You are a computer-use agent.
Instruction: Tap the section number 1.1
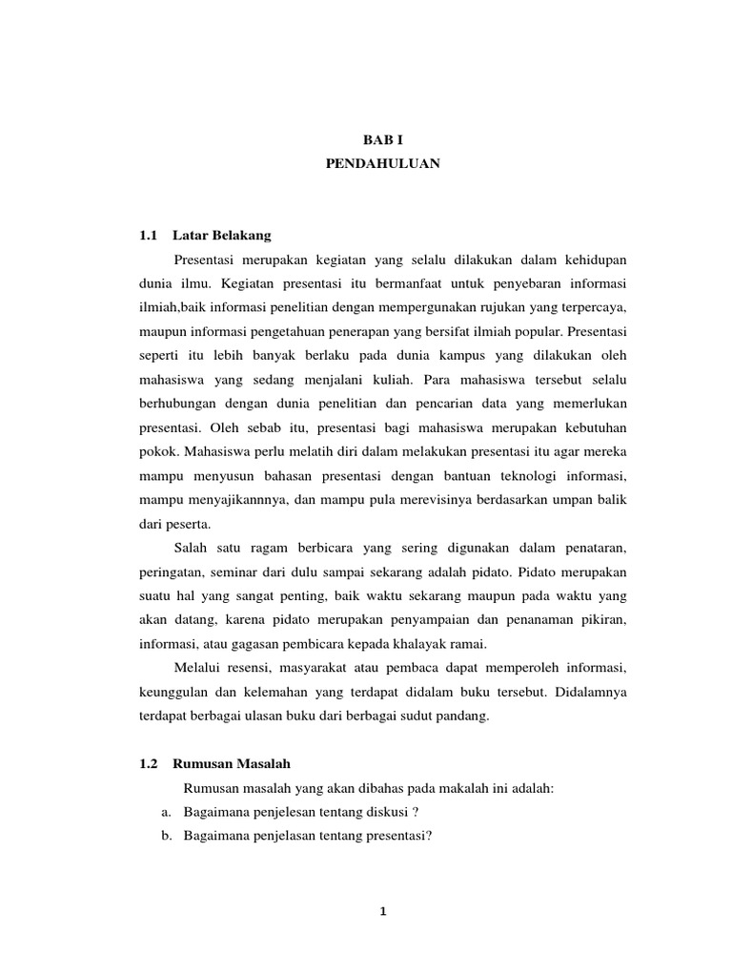148,235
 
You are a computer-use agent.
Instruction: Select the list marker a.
163,811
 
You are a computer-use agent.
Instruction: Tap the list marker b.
163,835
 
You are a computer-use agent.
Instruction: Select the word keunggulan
178,691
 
